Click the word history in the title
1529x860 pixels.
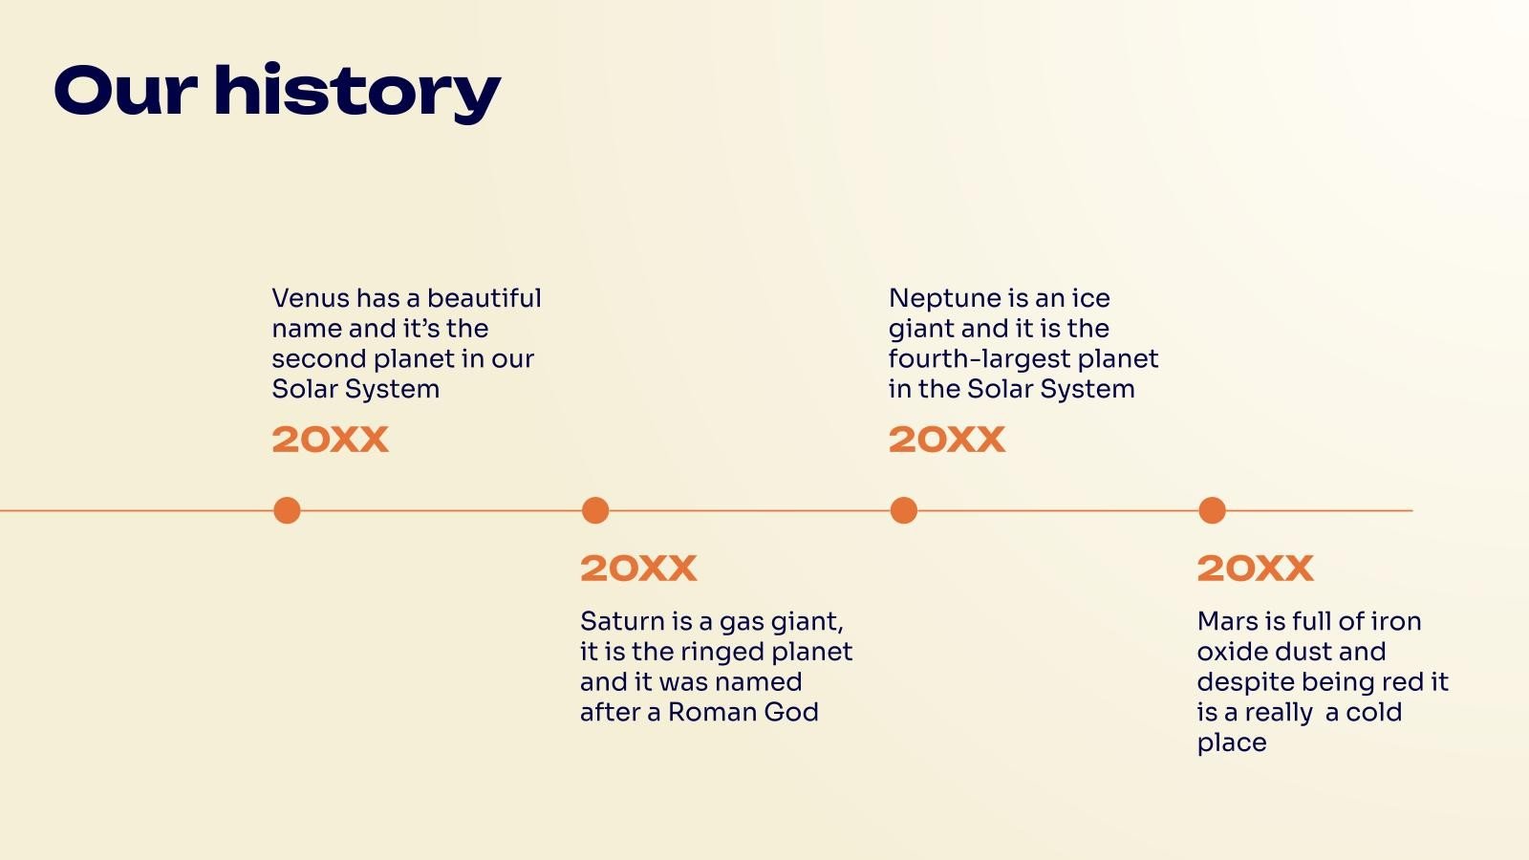point(357,93)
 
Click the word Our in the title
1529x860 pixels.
point(126,91)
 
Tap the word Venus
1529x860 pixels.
point(311,298)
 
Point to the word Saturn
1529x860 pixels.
point(622,621)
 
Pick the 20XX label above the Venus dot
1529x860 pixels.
point(331,439)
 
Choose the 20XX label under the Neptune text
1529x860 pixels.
point(947,439)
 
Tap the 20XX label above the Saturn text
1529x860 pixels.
point(639,568)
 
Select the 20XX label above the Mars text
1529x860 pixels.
point(1256,568)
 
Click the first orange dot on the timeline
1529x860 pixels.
point(287,510)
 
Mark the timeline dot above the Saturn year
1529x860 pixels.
point(595,510)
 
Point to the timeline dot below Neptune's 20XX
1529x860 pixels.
point(904,510)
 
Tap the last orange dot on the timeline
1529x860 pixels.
point(1213,510)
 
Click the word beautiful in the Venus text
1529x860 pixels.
point(484,298)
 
